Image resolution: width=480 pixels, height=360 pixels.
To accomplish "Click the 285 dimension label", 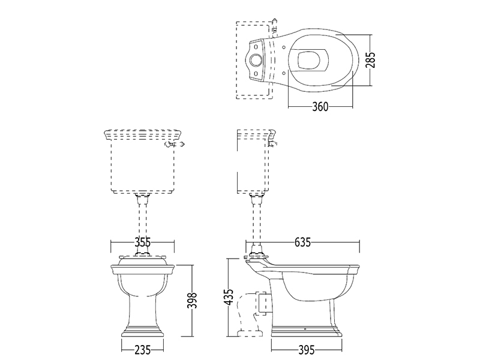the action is (x=370, y=60).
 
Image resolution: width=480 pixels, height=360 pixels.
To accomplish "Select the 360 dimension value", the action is (x=320, y=107).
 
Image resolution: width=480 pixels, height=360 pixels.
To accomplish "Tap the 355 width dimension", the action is (x=143, y=242).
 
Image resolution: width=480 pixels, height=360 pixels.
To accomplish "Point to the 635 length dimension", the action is (x=302, y=242).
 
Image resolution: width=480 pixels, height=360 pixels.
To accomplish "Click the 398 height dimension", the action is (x=192, y=301).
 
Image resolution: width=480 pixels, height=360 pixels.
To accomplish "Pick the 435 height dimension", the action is (x=229, y=296).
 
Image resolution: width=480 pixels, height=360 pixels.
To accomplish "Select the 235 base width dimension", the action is (x=143, y=350).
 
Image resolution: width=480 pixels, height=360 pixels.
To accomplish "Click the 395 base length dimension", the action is (x=306, y=350).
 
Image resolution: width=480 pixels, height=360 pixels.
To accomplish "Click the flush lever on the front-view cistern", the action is (x=175, y=144).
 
